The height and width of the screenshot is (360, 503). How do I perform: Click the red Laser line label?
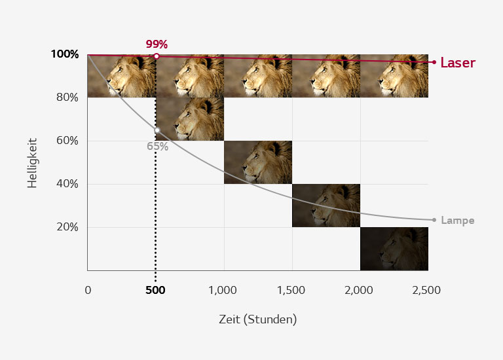click(457, 63)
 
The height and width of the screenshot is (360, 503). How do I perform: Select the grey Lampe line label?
click(457, 221)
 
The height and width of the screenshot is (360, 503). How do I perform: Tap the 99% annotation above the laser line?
click(157, 45)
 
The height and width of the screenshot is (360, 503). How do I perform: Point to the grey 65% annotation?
click(157, 147)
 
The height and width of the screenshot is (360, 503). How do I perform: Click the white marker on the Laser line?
click(157, 56)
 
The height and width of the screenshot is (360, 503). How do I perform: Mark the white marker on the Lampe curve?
click(157, 130)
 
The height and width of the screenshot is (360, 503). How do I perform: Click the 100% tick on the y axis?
click(64, 54)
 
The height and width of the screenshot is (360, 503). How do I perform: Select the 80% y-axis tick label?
click(66, 98)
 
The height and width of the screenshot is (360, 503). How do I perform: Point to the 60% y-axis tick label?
click(66, 141)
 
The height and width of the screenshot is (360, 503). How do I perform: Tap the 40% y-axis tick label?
click(66, 184)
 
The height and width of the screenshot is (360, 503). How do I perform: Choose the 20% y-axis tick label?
click(66, 227)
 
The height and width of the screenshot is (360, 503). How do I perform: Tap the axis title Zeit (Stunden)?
click(257, 319)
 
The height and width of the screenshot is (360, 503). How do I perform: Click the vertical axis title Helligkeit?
click(31, 162)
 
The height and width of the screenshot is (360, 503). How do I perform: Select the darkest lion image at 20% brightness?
click(394, 249)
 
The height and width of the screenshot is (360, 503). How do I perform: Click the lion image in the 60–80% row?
click(190, 118)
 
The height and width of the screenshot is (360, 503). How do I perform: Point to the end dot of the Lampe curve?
click(434, 220)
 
